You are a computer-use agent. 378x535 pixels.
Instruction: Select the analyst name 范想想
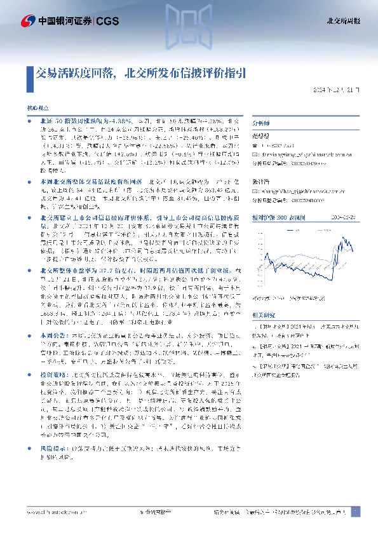point(260,136)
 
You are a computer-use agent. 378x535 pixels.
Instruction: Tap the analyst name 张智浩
point(260,181)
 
